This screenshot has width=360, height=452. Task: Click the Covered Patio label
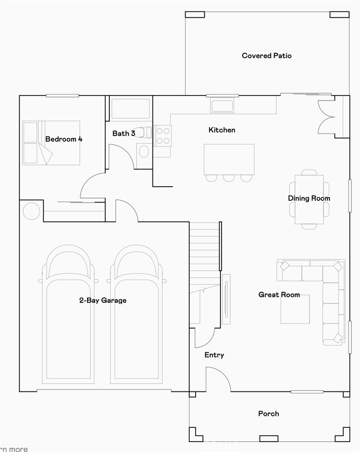tap(267, 56)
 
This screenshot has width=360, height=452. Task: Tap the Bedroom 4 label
tap(64, 139)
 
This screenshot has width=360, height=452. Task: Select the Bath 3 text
tap(124, 133)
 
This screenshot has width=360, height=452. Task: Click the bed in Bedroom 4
tap(51, 142)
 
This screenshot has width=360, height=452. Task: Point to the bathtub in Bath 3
tap(131, 109)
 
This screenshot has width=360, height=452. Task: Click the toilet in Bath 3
tap(145, 132)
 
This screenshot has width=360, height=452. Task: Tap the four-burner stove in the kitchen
tap(162, 135)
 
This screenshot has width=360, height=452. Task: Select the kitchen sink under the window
tap(222, 106)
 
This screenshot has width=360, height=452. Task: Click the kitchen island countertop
tap(229, 159)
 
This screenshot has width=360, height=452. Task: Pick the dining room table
tap(309, 199)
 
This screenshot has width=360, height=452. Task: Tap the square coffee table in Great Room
tap(295, 310)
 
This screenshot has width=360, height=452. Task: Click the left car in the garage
tap(69, 314)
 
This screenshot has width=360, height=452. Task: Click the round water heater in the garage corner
tap(31, 211)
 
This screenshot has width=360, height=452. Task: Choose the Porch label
tap(269, 414)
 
